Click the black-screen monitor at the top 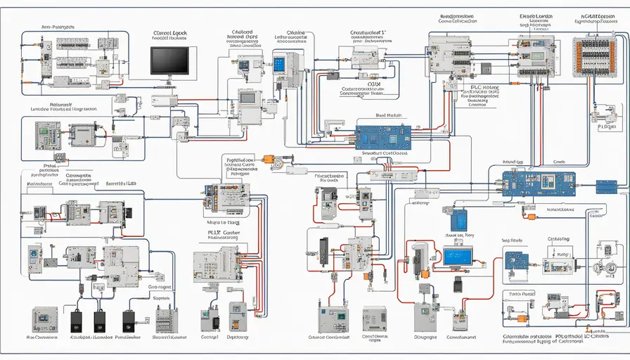pyautogui.click(x=170, y=61)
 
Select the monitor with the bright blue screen pyautogui.click(x=458, y=257)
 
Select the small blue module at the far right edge pyautogui.click(x=606, y=186)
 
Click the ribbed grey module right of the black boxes pyautogui.click(x=166, y=321)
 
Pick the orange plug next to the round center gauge pyautogui.click(x=267, y=160)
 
